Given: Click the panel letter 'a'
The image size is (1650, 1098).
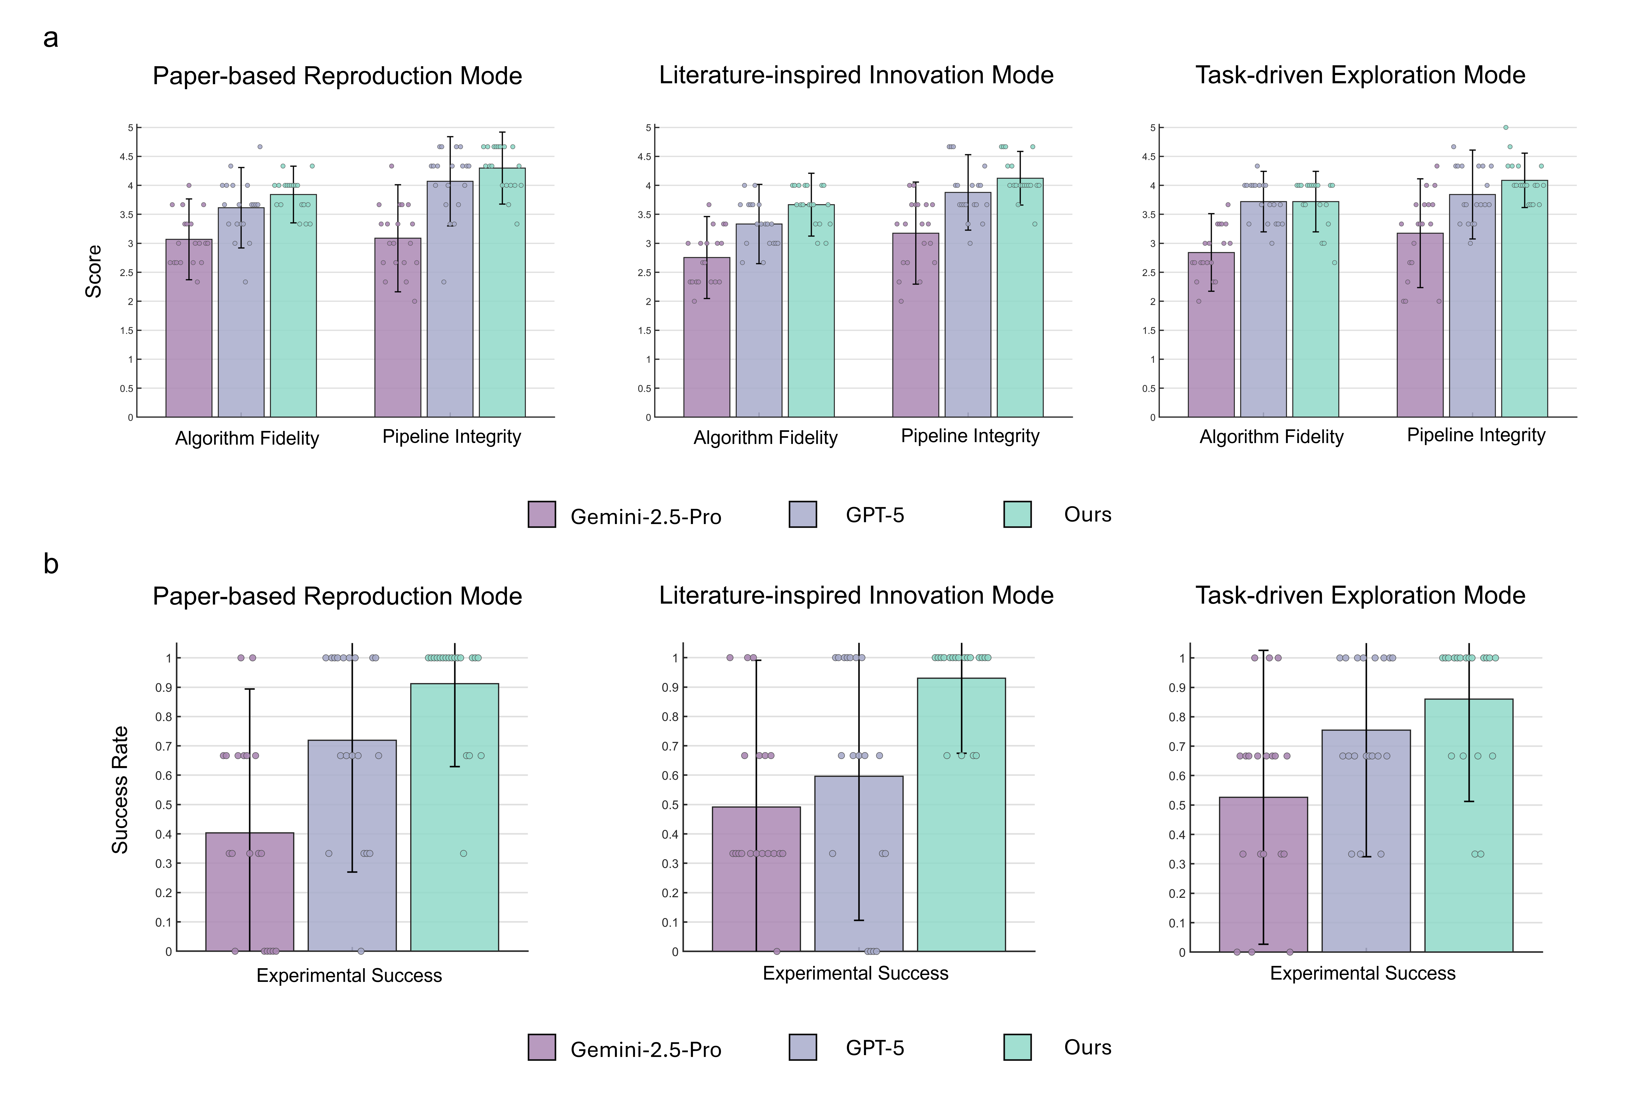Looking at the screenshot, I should tap(50, 39).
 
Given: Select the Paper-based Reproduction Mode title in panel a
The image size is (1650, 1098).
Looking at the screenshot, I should tap(337, 76).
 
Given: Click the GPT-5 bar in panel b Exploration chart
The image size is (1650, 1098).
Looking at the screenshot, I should tap(1366, 840).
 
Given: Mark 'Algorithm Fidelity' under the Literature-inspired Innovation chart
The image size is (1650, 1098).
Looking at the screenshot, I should tap(765, 438).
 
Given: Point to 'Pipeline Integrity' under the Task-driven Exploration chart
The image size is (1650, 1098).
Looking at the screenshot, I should tap(1476, 436).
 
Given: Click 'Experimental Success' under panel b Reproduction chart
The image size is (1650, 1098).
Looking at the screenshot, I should tap(349, 975).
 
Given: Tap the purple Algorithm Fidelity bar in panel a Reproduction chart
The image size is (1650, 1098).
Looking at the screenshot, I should tap(188, 329).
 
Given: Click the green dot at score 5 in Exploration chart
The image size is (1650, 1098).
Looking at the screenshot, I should tap(1505, 128).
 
